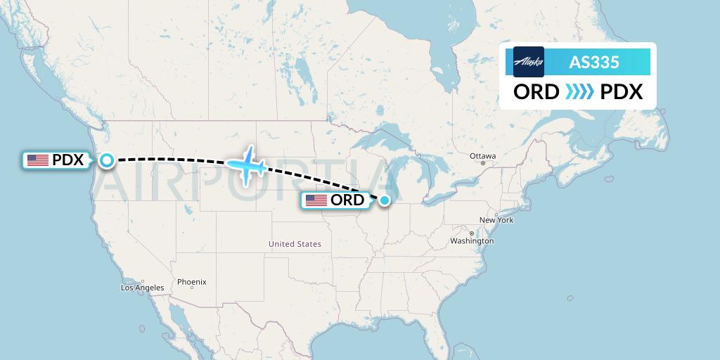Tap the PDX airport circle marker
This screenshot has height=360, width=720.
[106, 160]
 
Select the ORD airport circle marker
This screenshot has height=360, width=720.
[385, 200]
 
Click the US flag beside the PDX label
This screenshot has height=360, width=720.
[37, 160]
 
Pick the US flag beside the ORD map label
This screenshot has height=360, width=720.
[316, 200]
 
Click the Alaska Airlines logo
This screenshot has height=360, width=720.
[529, 62]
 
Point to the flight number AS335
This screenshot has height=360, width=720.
[594, 62]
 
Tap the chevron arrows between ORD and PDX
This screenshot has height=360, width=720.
[579, 91]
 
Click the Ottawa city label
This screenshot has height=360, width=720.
[483, 155]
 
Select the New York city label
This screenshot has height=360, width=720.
[496, 220]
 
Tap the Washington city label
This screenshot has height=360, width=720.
[472, 240]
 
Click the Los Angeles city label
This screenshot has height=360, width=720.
[142, 288]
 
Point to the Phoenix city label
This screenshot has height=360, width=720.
[191, 282]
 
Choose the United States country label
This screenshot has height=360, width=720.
[295, 244]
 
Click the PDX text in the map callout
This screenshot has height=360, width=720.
[68, 160]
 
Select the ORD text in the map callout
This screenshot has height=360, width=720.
[347, 200]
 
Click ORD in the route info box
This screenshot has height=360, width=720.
[536, 91]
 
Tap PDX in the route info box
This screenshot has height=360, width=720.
[622, 91]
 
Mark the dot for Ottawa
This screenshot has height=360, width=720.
[483, 163]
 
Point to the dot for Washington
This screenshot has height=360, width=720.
[471, 233]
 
